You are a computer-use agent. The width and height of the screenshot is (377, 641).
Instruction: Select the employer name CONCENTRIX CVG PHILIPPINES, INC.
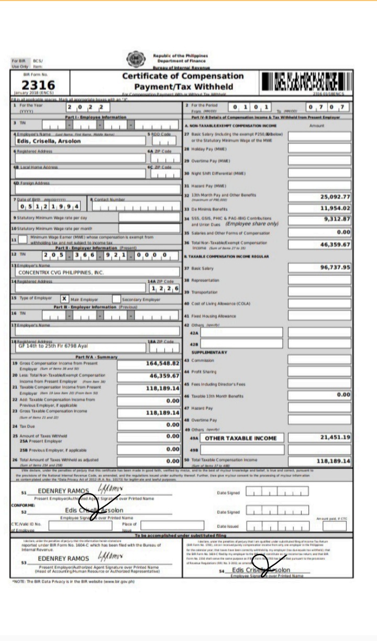(61, 273)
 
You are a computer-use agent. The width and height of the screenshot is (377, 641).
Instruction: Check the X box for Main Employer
(64, 299)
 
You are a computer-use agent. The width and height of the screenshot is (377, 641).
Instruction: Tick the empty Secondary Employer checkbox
(116, 299)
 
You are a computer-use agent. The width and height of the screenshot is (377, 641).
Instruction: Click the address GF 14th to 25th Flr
(52, 346)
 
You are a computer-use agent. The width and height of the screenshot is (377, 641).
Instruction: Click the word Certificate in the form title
(150, 76)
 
